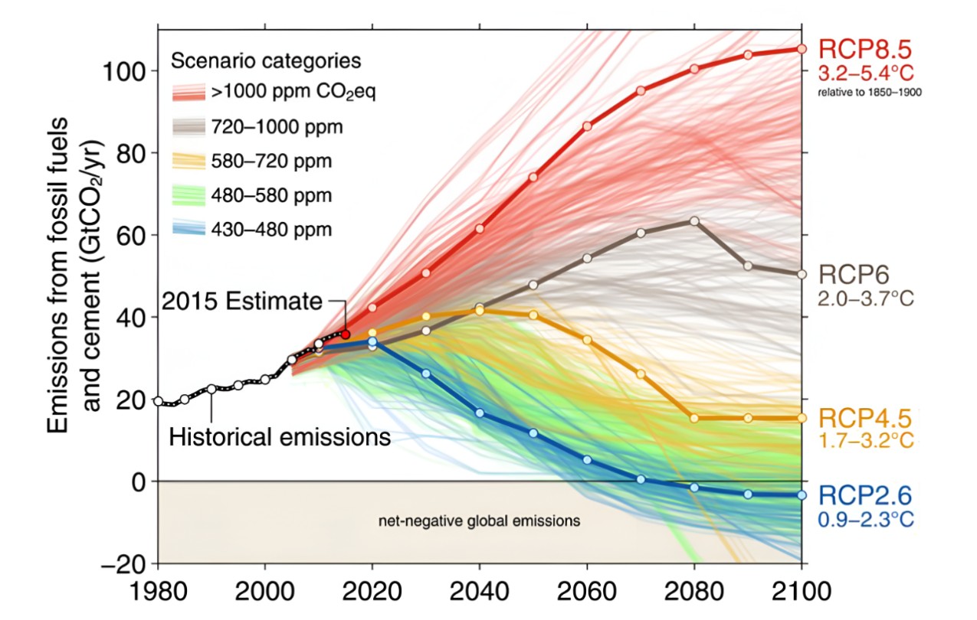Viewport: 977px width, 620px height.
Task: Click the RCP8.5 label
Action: tap(866, 50)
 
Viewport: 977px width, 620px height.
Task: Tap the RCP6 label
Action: tap(850, 274)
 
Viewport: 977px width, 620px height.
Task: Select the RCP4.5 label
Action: tap(866, 418)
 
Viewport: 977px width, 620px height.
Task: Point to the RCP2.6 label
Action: tap(866, 495)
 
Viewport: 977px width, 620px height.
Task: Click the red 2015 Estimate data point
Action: tap(346, 334)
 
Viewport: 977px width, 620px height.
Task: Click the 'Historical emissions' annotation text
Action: tap(280, 438)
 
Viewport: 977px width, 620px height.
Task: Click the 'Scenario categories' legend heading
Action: tap(266, 60)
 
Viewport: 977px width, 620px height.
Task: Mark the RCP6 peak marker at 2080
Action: tap(694, 221)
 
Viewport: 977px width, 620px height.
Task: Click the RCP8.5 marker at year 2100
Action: tap(802, 49)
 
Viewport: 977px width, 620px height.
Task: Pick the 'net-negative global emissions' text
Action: tap(480, 521)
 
